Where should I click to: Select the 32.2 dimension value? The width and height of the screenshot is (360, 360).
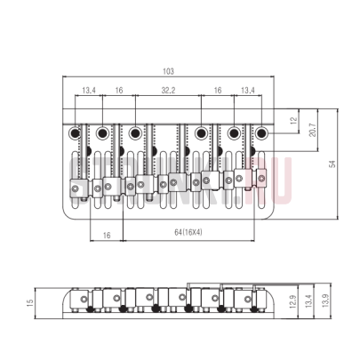[x=167, y=91]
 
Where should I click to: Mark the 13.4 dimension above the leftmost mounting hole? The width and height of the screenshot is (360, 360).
[x=89, y=91]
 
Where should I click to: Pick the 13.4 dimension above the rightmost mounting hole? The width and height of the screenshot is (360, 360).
[x=247, y=91]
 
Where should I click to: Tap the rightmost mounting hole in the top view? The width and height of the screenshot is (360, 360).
[x=263, y=133]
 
